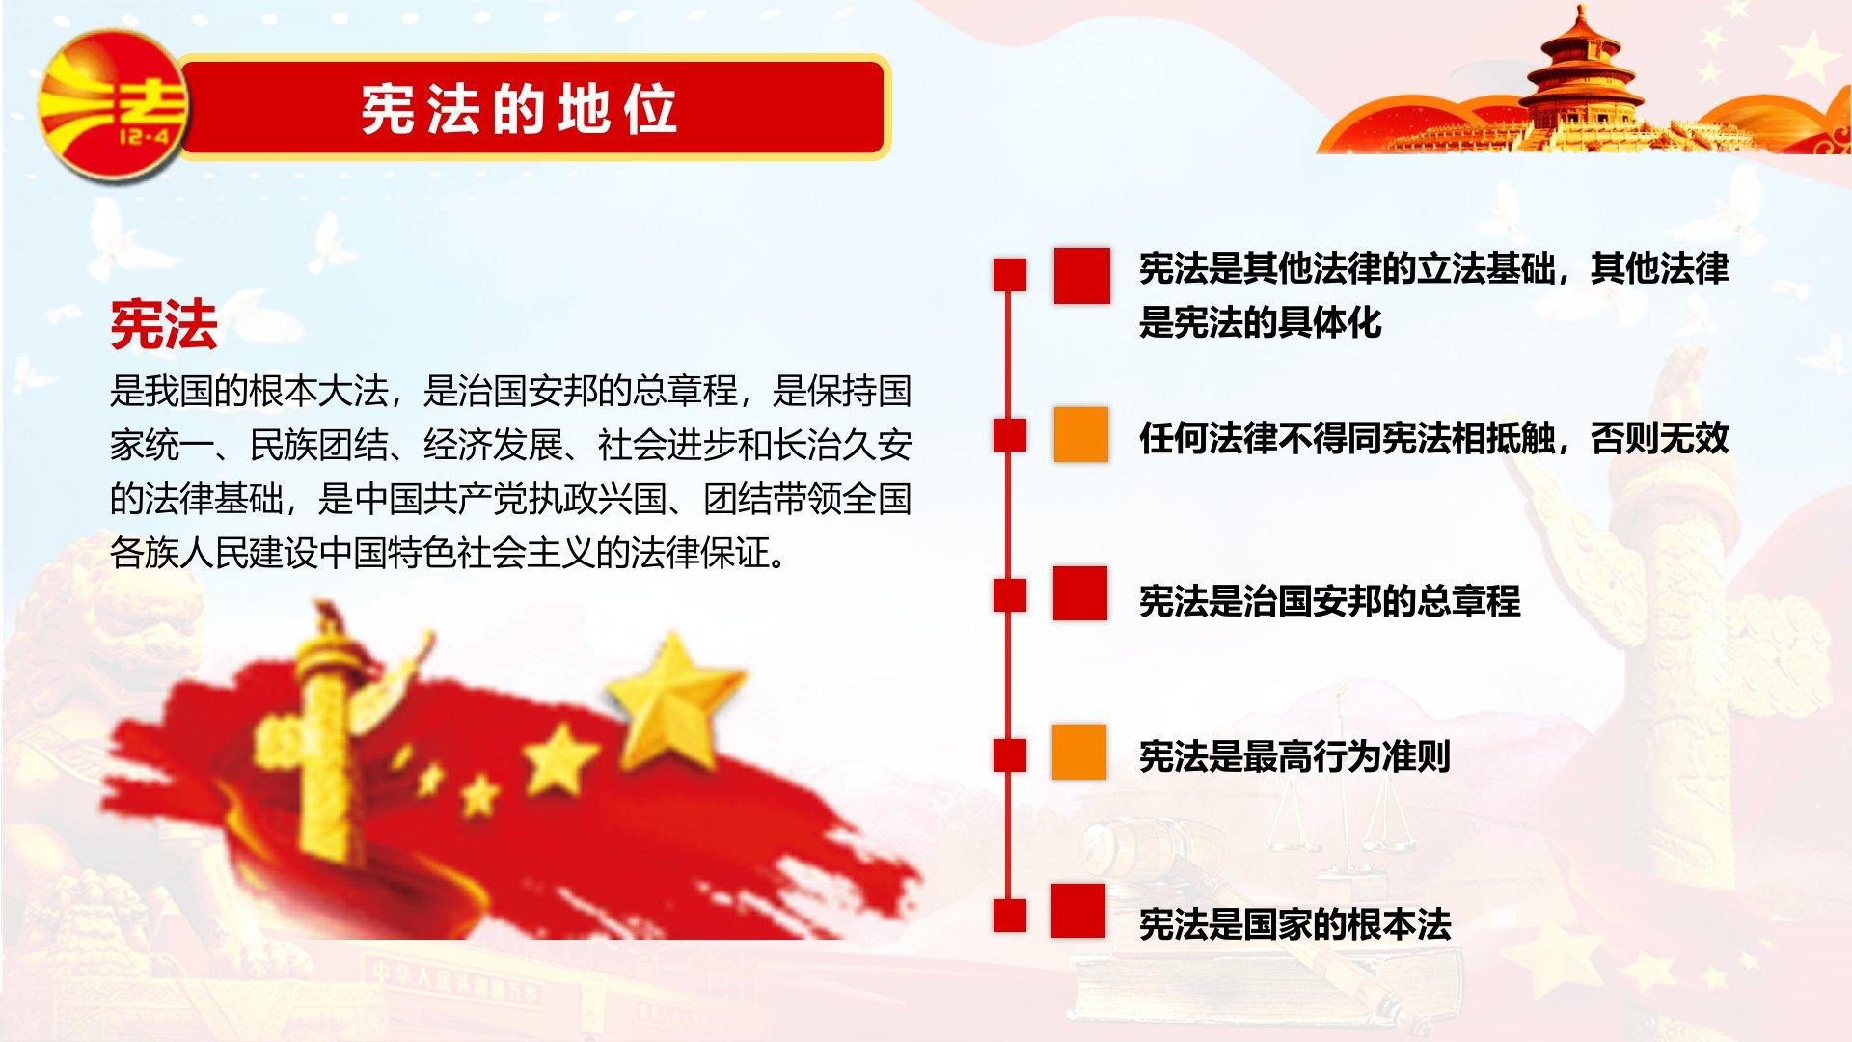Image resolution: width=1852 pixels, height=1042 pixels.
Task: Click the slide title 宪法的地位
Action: (519, 108)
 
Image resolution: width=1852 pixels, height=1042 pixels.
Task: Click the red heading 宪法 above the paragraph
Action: (164, 324)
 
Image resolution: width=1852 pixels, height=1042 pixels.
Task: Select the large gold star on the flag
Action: (676, 697)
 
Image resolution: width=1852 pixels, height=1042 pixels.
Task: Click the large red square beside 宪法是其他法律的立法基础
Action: (1081, 276)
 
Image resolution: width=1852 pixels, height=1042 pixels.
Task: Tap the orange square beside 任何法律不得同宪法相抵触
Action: (1080, 434)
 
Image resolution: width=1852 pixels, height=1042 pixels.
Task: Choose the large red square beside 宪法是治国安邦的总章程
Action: (1080, 593)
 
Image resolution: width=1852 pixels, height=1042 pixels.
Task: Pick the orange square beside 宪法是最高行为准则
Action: (1079, 751)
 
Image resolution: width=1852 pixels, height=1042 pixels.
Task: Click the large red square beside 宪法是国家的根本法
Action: (1078, 911)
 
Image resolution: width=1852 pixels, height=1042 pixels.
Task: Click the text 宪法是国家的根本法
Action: (1294, 924)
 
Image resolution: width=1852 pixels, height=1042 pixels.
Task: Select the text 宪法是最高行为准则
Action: (1294, 756)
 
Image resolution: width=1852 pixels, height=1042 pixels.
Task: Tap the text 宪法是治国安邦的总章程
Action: (1329, 601)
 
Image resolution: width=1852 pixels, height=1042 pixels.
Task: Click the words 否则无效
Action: (1659, 438)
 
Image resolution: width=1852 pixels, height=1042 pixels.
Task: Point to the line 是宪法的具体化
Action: (1260, 322)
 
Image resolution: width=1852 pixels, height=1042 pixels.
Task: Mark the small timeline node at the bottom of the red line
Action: (1010, 915)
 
